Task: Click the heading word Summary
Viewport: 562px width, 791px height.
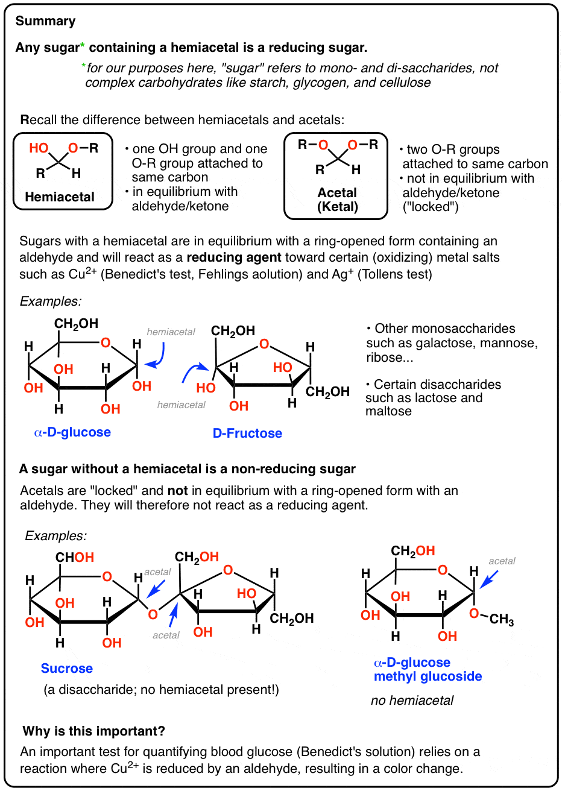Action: pyautogui.click(x=46, y=21)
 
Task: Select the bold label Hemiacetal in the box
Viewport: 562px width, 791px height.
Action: pyautogui.click(x=60, y=197)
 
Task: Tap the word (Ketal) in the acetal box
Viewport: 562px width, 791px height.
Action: pyautogui.click(x=337, y=207)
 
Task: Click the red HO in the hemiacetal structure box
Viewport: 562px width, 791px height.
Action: pyautogui.click(x=39, y=148)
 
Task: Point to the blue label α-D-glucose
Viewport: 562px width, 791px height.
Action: pyautogui.click(x=72, y=432)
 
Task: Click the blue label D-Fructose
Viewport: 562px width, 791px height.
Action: pyautogui.click(x=247, y=433)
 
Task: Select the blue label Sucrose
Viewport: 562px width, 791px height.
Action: pyautogui.click(x=67, y=668)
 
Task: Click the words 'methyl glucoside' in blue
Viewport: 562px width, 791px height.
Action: pyautogui.click(x=428, y=676)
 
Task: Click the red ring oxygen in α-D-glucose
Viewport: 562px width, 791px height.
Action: pyautogui.click(x=106, y=343)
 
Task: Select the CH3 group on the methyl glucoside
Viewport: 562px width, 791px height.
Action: pyautogui.click(x=502, y=619)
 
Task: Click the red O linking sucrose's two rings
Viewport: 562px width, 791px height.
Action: pyautogui.click(x=153, y=614)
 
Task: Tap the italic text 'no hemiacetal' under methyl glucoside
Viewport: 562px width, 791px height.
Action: pyautogui.click(x=412, y=701)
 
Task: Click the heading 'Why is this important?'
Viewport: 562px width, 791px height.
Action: pyautogui.click(x=93, y=731)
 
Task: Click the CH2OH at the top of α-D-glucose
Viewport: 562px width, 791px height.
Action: pyautogui.click(x=77, y=324)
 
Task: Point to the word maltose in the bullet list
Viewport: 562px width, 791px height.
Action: pyautogui.click(x=388, y=411)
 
